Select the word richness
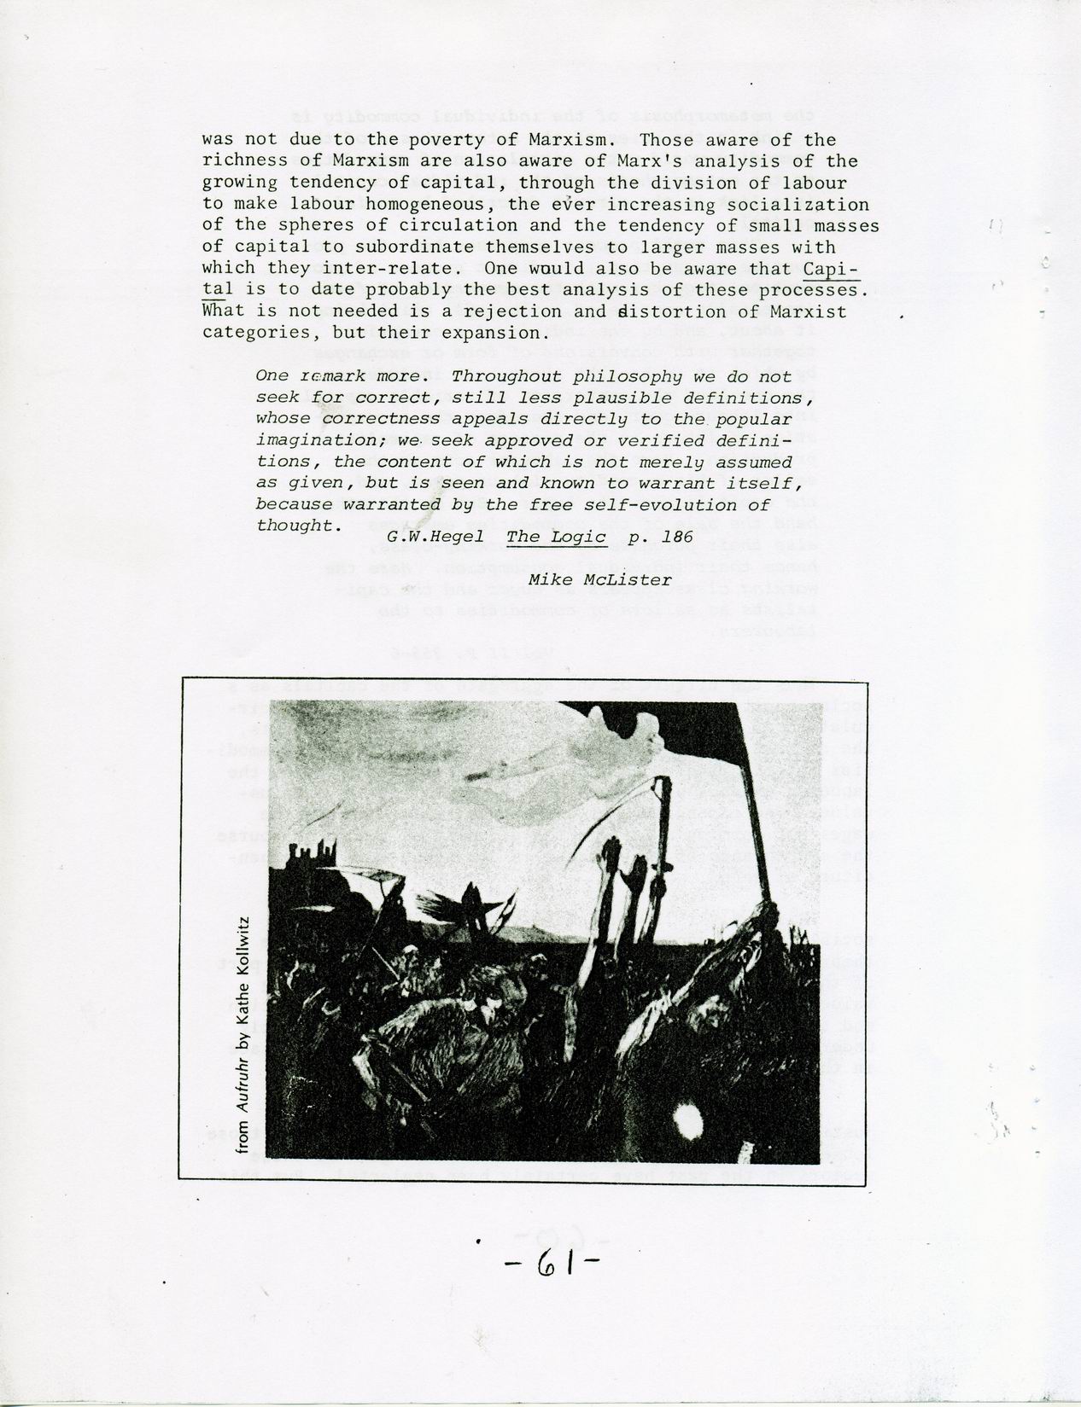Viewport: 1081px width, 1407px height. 240,161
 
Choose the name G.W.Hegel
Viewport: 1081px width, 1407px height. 435,537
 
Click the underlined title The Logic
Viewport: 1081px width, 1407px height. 556,537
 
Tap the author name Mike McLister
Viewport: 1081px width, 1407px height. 599,580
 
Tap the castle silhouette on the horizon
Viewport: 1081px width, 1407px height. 311,853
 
